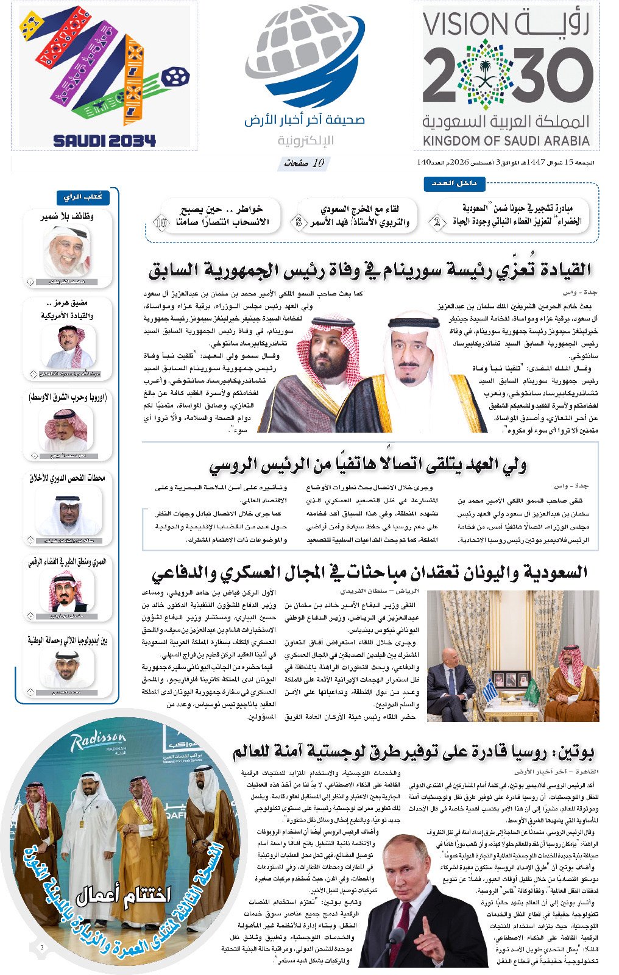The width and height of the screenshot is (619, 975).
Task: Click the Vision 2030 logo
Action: click(508, 76)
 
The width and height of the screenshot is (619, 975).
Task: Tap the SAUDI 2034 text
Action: click(104, 141)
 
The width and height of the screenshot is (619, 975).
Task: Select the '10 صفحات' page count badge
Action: click(305, 163)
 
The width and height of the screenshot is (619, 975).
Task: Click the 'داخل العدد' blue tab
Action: click(454, 183)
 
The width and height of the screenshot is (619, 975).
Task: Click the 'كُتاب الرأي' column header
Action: click(83, 197)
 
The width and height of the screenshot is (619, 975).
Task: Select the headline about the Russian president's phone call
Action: click(368, 466)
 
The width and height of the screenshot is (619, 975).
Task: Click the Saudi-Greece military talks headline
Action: click(370, 573)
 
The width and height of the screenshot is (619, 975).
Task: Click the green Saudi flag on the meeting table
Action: click(530, 690)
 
